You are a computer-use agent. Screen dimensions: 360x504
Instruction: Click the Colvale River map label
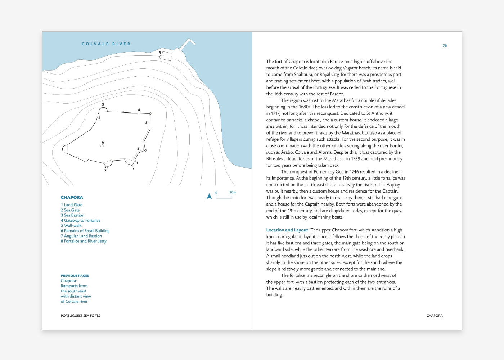[106, 44]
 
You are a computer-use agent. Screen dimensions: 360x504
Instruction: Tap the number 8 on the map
[160, 53]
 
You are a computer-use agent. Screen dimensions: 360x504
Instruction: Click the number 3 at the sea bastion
[103, 105]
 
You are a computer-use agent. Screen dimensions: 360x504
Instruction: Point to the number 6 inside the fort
[103, 142]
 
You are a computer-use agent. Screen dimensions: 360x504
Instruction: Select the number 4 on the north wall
[139, 110]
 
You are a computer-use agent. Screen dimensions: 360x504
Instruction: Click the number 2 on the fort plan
[99, 118]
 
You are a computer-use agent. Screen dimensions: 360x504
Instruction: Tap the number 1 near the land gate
[137, 163]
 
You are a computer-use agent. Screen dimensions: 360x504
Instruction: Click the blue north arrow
[209, 196]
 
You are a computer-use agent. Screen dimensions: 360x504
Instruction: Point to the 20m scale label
[233, 192]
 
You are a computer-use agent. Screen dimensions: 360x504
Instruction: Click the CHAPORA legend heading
[72, 197]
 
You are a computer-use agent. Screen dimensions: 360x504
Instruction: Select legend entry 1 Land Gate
[72, 205]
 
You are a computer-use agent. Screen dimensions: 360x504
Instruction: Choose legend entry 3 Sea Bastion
[72, 215]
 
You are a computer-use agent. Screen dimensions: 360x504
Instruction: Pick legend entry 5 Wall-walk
[71, 226]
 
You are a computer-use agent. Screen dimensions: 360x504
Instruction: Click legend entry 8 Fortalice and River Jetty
[84, 241]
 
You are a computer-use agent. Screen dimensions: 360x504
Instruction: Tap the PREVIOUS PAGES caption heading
[75, 276]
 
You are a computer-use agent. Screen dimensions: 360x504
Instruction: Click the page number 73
[445, 46]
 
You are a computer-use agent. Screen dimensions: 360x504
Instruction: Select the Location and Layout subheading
[287, 230]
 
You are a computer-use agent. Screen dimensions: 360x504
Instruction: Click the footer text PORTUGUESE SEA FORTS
[80, 316]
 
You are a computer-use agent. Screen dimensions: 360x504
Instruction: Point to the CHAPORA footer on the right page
[435, 316]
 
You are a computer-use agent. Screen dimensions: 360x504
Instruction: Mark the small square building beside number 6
[102, 146]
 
